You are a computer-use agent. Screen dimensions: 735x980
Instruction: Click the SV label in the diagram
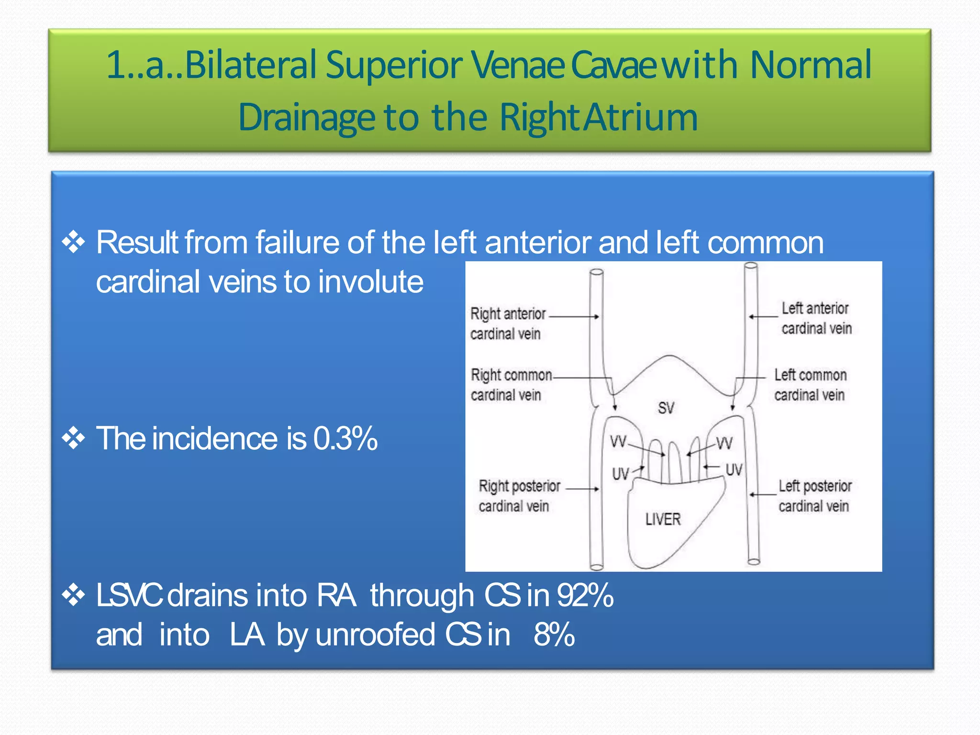(666, 408)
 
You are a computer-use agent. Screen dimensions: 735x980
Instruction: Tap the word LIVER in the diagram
(663, 519)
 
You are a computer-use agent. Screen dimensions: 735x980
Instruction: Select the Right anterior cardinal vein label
(507, 323)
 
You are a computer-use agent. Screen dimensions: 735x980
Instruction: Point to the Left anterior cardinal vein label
(816, 318)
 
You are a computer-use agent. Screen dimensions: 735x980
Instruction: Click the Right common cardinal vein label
(511, 385)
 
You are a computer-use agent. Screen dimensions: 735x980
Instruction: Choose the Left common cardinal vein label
(810, 385)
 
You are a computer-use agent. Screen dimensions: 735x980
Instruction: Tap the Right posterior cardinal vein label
(519, 496)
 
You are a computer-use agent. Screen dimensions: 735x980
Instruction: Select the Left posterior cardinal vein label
(814, 496)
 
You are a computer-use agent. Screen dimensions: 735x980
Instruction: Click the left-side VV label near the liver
(618, 441)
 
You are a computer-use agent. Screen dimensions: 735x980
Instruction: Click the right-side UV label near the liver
(734, 470)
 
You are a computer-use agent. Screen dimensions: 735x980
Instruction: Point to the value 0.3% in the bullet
(345, 438)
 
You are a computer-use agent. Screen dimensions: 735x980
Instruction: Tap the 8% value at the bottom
(554, 635)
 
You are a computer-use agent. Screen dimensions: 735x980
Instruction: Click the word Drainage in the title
(306, 117)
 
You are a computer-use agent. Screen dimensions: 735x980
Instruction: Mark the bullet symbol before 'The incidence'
(73, 438)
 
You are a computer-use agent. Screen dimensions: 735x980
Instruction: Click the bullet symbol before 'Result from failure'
(73, 242)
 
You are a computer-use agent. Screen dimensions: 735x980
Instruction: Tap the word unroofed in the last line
(375, 635)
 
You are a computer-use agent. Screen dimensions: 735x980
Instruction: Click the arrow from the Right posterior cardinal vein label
(582, 489)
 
